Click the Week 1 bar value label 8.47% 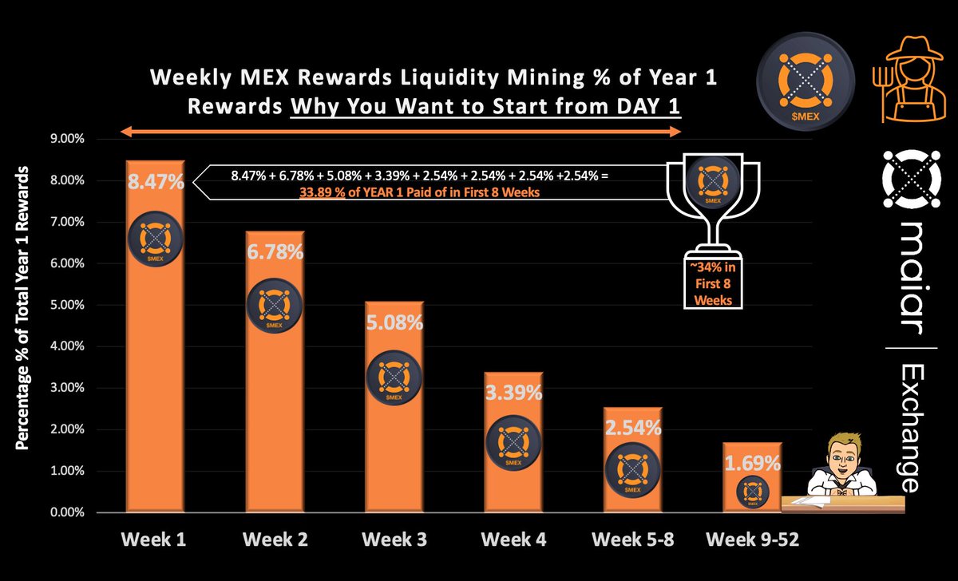click(155, 182)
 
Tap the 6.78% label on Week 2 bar click(274, 253)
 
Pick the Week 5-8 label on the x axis click(632, 539)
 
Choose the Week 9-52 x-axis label click(752, 539)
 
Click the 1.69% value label click(752, 463)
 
